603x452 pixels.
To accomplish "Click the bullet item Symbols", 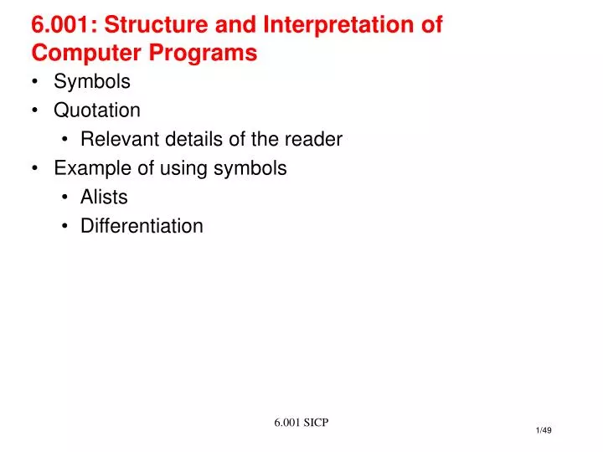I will pyautogui.click(x=92, y=82).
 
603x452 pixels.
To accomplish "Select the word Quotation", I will pyautogui.click(x=97, y=110).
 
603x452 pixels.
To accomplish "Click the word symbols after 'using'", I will pyautogui.click(x=250, y=168).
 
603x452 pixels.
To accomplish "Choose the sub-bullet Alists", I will pyautogui.click(x=104, y=198).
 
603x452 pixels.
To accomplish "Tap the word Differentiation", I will pyautogui.click(x=142, y=226).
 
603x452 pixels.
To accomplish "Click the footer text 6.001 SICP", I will pyautogui.click(x=301, y=422).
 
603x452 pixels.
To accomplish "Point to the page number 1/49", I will pyautogui.click(x=543, y=430).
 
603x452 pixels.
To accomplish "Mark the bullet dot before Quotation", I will pyautogui.click(x=37, y=110).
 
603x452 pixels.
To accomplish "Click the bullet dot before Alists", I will pyautogui.click(x=64, y=198).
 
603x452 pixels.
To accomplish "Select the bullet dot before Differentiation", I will pyautogui.click(x=64, y=226).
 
